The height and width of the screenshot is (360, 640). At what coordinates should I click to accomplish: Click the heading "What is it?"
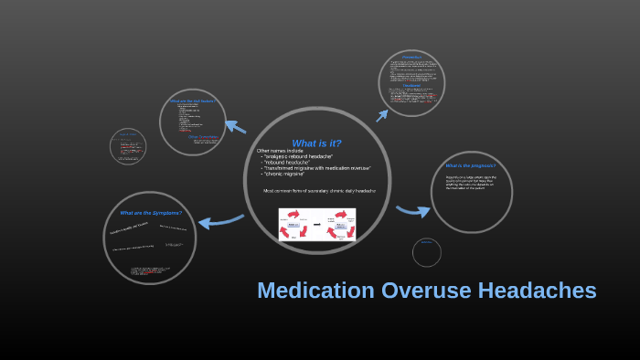(316, 143)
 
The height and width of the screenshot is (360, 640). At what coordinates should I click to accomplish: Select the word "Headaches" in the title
(539, 291)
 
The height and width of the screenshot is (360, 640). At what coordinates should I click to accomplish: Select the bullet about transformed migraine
(317, 168)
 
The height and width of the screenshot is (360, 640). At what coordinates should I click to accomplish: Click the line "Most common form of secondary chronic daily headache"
(319, 191)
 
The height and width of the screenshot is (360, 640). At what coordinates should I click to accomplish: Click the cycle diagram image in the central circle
(317, 224)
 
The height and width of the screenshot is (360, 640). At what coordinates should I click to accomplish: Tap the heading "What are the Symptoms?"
(151, 213)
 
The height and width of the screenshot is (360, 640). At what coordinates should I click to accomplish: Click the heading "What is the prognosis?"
(471, 165)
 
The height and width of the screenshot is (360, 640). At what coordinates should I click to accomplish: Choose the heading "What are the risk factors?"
(192, 101)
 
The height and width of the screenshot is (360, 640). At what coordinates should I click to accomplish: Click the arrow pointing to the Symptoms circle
(219, 220)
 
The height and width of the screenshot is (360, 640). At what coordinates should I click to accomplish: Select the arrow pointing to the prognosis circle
(413, 211)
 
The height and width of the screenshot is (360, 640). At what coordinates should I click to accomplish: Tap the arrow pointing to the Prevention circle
(382, 115)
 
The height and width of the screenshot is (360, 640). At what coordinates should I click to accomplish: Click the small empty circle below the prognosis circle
(426, 252)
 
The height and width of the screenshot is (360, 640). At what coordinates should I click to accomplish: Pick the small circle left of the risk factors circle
(128, 146)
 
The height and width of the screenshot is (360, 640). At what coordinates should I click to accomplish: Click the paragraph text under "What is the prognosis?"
(471, 180)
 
